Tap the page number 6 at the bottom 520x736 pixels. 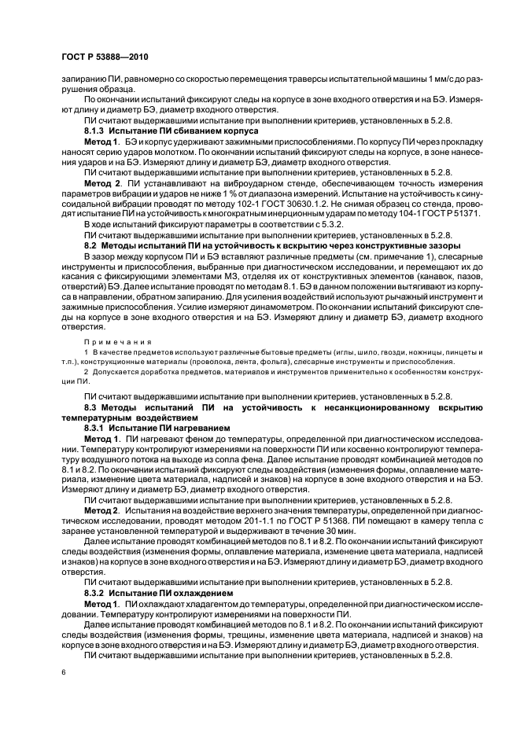(62, 674)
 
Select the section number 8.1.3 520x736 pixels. (96, 130)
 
